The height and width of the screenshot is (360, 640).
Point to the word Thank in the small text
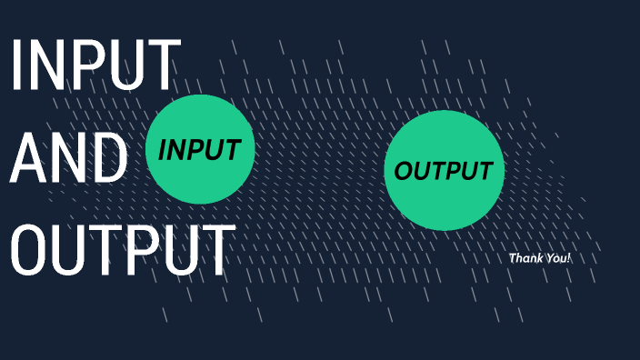[x=525, y=258]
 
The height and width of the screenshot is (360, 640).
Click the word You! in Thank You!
[x=556, y=258]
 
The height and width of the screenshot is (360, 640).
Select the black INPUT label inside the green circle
[x=200, y=150]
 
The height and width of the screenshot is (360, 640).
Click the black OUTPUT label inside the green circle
[x=444, y=170]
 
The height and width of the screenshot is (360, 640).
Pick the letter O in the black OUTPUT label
[x=404, y=170]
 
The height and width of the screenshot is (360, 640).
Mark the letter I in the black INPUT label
[x=163, y=150]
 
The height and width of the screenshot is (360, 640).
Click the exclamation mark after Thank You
[x=569, y=258]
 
